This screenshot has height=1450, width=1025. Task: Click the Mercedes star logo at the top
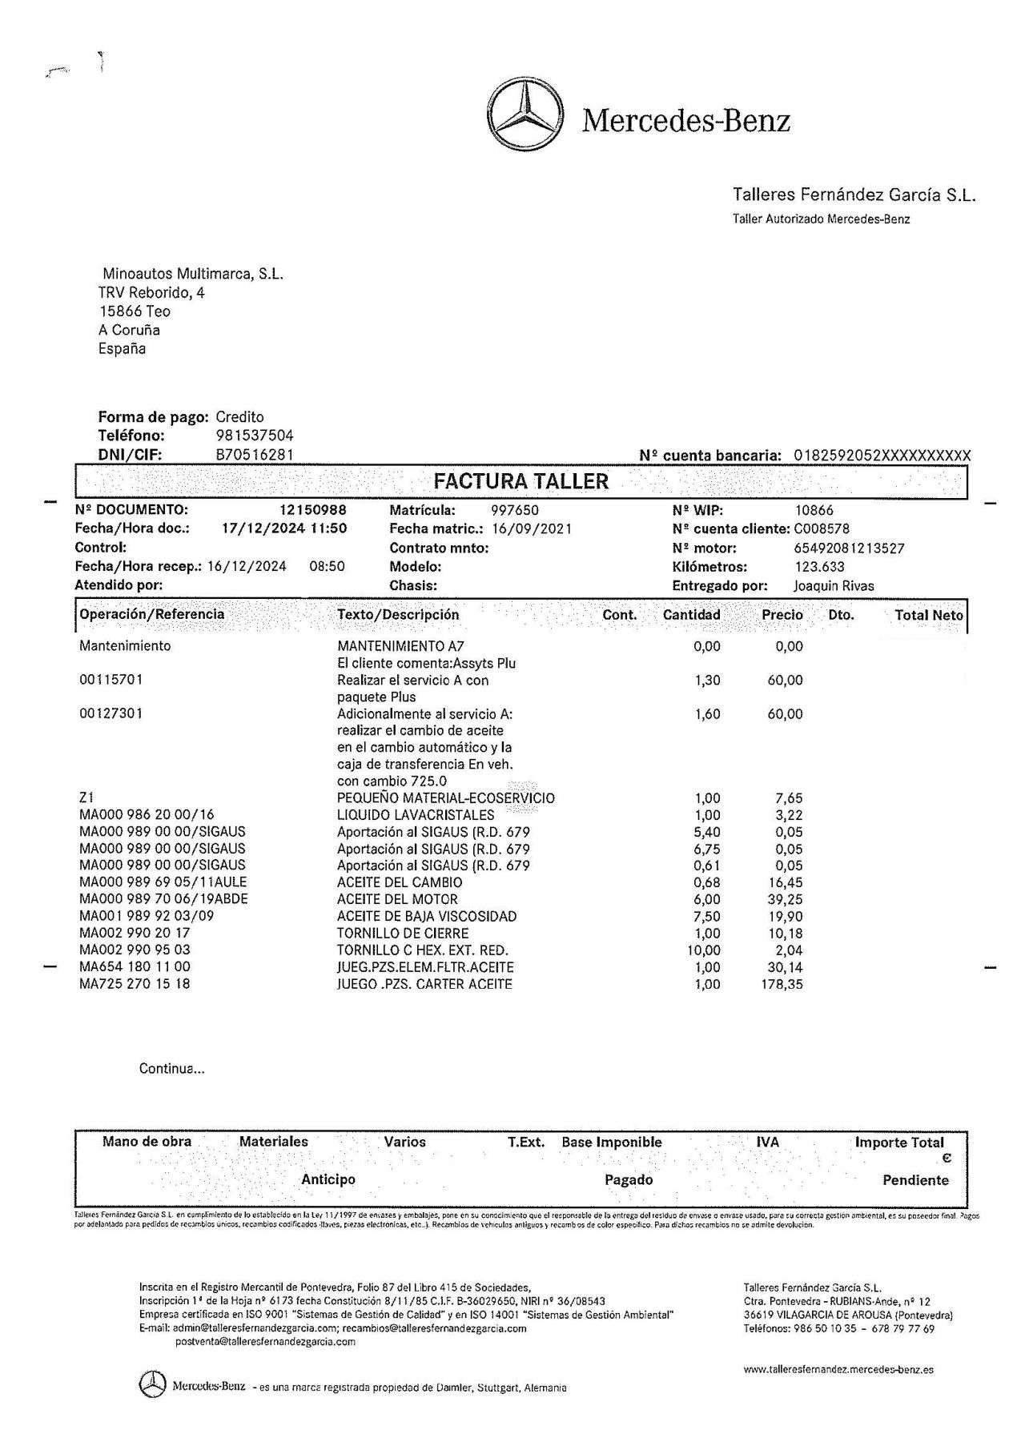(x=525, y=119)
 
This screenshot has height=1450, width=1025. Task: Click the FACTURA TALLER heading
(x=521, y=481)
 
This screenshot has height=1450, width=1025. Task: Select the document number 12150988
(x=313, y=510)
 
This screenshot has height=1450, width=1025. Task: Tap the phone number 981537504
(x=255, y=436)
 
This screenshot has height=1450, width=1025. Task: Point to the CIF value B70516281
(x=255, y=455)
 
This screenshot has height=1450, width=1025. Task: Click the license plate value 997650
(x=514, y=510)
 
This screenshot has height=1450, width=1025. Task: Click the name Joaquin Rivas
(x=834, y=585)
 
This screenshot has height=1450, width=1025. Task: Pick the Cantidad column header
(x=691, y=615)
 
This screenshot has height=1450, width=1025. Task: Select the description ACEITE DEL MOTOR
(x=397, y=899)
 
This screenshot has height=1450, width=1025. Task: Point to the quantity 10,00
(x=704, y=950)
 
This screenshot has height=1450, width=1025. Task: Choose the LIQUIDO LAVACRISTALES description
(x=416, y=815)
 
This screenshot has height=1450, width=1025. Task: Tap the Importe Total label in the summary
(x=899, y=1143)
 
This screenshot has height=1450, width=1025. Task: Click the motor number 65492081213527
(x=849, y=548)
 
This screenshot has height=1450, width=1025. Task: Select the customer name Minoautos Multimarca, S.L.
(x=193, y=274)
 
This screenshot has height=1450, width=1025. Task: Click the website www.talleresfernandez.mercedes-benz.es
(x=838, y=1369)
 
